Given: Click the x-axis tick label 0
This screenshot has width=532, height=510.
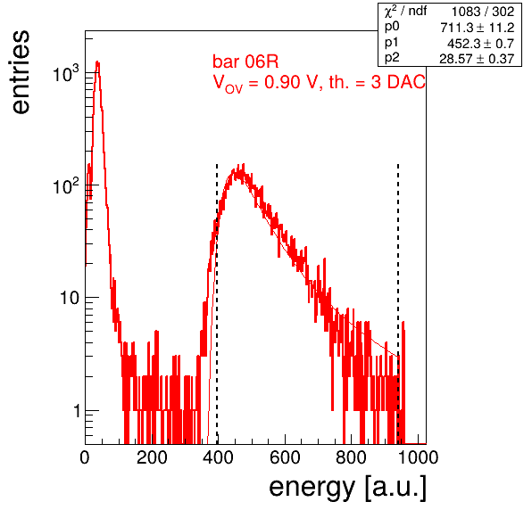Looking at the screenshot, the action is click(85, 457).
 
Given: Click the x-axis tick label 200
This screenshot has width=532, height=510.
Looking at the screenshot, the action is click(152, 457).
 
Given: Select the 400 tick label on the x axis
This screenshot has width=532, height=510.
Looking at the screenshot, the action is click(218, 457).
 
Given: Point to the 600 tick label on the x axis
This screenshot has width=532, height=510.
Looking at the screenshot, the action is click(285, 457).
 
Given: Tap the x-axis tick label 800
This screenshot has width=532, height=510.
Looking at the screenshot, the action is click(351, 457).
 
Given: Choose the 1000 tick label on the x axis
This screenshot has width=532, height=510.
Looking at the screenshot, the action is click(418, 457).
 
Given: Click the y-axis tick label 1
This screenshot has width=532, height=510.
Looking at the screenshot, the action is click(77, 411).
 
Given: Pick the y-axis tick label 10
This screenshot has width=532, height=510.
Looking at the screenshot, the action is click(70, 298).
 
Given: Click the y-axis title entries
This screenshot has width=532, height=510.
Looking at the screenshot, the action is click(21, 72).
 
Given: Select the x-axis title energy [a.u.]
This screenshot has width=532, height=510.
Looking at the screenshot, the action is click(348, 489).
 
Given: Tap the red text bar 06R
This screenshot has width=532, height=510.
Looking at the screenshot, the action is click(245, 62).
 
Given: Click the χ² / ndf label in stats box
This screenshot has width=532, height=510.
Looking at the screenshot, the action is click(405, 12).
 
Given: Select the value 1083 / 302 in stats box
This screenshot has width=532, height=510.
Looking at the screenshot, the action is click(483, 12).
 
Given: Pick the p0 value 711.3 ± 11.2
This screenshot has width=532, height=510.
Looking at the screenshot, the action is click(478, 28).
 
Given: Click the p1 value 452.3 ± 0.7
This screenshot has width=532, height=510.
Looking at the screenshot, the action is click(480, 44).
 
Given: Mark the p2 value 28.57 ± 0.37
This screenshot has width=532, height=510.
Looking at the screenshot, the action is click(477, 59).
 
